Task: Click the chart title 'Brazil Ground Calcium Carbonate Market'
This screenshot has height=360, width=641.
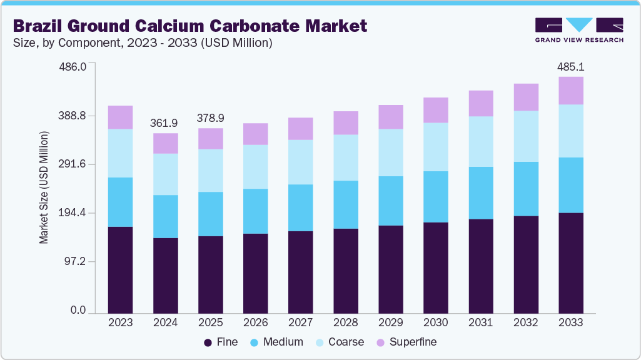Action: coord(189,26)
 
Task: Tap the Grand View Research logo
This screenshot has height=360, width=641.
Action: coord(579,30)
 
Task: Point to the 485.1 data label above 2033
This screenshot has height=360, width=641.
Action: coord(571,66)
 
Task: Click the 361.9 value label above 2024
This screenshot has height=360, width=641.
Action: coord(165,123)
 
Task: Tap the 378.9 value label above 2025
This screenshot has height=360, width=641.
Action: coord(210,118)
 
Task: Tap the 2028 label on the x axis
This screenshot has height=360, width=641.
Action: coord(345,322)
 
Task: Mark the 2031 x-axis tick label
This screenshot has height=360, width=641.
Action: coord(480,322)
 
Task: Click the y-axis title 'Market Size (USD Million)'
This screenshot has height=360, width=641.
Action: coord(44,187)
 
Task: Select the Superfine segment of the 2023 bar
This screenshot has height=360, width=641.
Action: coord(120,117)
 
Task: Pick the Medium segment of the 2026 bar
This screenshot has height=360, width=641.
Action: coord(255,211)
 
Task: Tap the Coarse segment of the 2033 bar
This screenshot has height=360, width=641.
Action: coord(571,131)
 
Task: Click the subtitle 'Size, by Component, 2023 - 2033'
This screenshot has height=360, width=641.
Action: coord(142,43)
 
